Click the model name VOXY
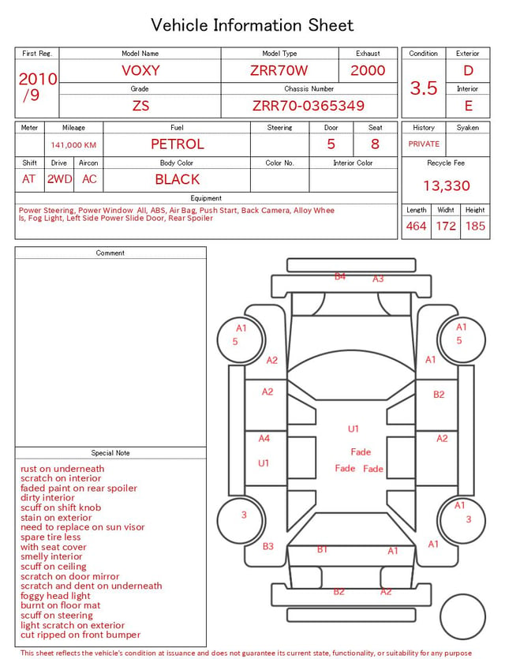click(x=140, y=70)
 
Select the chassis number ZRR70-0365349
click(x=309, y=106)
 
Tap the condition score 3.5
click(x=424, y=88)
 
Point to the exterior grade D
click(x=468, y=70)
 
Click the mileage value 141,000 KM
click(x=73, y=145)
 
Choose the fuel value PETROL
click(x=178, y=144)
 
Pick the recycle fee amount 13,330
click(x=446, y=185)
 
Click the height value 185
click(x=475, y=226)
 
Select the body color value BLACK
click(x=178, y=179)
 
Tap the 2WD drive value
click(x=59, y=179)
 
